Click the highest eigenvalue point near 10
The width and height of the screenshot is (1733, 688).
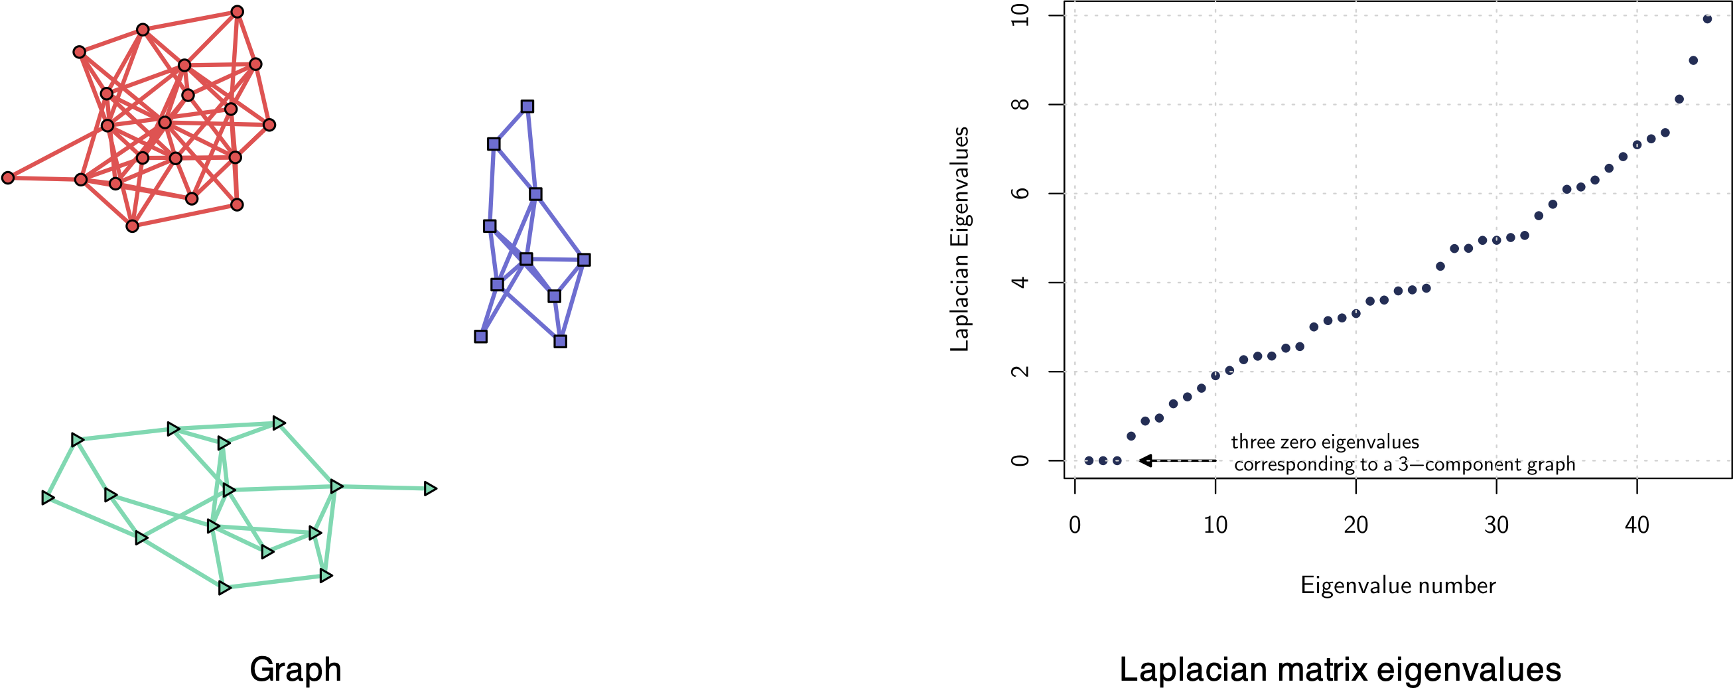[x=1706, y=19]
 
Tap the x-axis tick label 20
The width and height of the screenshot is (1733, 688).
[x=1355, y=525]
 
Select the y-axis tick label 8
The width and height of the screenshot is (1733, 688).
[x=1020, y=104]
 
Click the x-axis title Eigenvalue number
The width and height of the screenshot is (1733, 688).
[x=1398, y=585]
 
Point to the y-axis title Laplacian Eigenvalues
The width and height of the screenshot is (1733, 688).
[x=959, y=239]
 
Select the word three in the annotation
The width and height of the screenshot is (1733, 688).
[x=1250, y=442]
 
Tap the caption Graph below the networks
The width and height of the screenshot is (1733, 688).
[x=295, y=669]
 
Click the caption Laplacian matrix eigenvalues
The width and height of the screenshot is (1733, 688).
[x=1340, y=669]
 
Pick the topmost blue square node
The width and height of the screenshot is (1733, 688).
[x=527, y=106]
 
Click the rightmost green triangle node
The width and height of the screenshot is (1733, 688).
[x=431, y=489]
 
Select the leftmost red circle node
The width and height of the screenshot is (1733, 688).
[x=8, y=178]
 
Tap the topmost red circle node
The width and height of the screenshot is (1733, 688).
[x=237, y=12]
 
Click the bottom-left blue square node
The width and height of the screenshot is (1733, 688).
[x=480, y=336]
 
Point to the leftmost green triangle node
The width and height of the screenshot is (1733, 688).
[x=47, y=498]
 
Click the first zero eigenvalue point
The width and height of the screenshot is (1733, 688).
[x=1089, y=460]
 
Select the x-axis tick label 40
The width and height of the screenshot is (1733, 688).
[x=1637, y=525]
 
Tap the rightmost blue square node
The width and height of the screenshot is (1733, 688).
[x=584, y=259]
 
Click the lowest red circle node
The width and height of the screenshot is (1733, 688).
[x=133, y=226]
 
